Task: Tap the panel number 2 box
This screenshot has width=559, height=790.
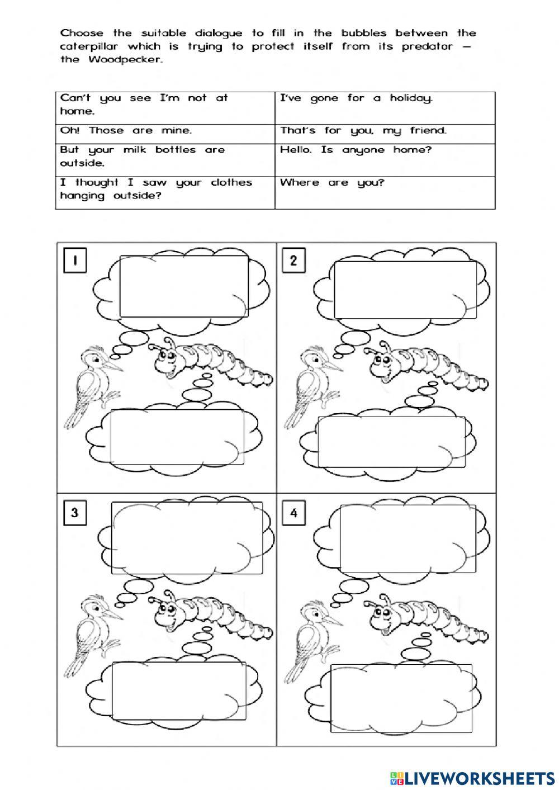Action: coord(293,261)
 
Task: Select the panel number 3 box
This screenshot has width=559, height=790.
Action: coord(75,513)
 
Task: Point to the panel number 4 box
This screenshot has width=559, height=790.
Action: coord(294,513)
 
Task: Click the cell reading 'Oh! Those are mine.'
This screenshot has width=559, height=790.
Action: coord(165,131)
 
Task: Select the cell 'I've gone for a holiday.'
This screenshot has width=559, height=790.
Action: coord(385,107)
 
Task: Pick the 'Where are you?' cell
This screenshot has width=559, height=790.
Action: coord(385,192)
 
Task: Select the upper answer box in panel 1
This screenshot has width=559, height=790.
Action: coord(184,286)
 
